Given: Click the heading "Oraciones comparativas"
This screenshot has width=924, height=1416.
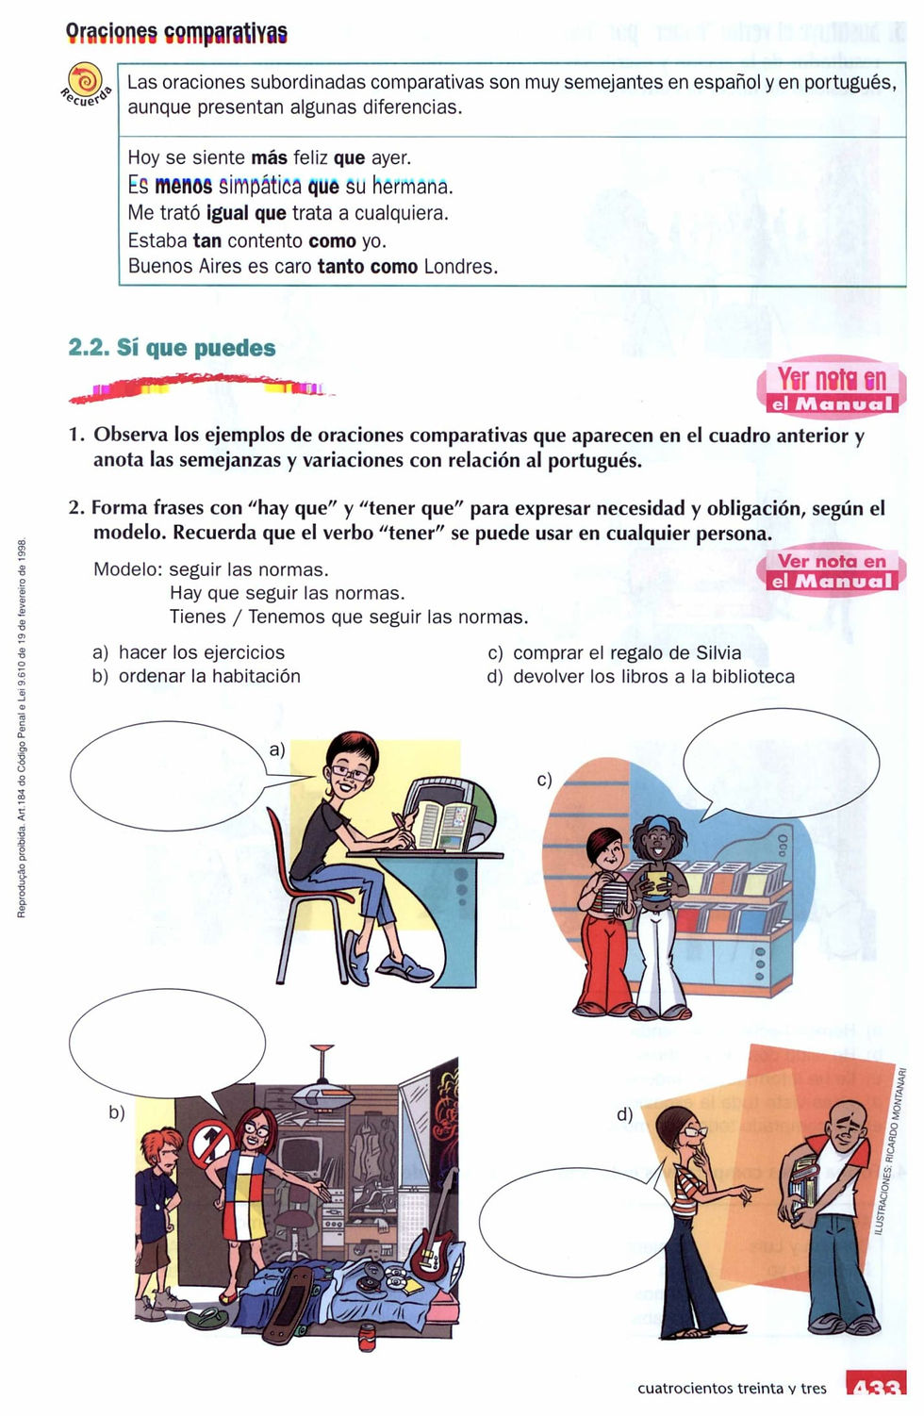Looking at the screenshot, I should coord(176,33).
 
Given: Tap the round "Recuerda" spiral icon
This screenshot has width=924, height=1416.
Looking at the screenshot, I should coord(85,80).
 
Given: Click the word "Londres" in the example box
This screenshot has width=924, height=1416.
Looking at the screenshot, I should coord(459,267).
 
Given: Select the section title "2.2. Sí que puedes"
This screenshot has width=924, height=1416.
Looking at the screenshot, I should coord(172,348).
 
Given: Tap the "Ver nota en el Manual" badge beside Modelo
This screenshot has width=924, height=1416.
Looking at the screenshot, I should coord(831,569).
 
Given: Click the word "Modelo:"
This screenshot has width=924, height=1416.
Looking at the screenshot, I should coord(127,569).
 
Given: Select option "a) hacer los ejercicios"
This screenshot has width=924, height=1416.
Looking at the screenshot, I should coord(189,652).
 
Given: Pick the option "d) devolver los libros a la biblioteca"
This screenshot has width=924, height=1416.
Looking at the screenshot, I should coord(641,677).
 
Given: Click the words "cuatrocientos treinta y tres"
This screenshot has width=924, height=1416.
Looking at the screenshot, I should coord(732,1389).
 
